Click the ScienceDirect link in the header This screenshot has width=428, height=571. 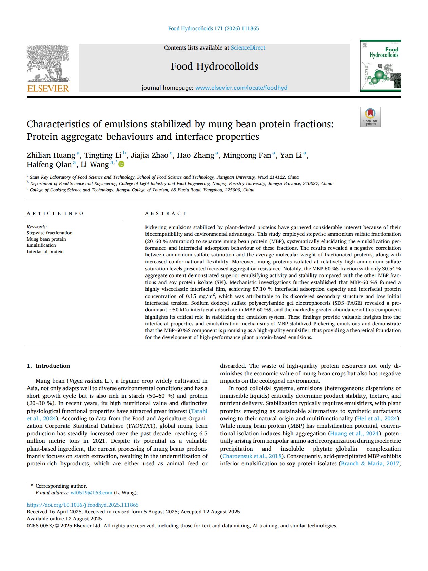click(x=248, y=48)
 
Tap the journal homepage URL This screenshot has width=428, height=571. click(x=241, y=88)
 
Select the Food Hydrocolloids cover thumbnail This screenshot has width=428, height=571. click(x=380, y=66)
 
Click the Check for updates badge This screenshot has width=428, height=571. click(x=370, y=117)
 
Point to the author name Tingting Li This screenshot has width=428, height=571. click(x=103, y=155)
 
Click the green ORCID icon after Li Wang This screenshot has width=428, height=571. click(x=121, y=165)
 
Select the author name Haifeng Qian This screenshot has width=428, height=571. click(x=49, y=165)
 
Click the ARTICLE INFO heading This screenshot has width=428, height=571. click(x=55, y=213)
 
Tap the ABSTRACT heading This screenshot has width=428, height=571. click(x=166, y=213)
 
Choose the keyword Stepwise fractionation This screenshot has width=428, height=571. click(x=50, y=233)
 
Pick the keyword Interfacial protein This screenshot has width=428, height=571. click(x=45, y=252)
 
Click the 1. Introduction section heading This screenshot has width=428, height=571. click(x=48, y=366)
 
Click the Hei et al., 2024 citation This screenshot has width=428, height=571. click(x=377, y=418)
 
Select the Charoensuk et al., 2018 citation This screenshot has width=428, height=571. click(x=251, y=456)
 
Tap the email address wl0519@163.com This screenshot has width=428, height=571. click(x=91, y=493)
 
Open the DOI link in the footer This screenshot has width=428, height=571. click(x=82, y=505)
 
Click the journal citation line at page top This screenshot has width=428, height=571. click(x=213, y=28)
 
